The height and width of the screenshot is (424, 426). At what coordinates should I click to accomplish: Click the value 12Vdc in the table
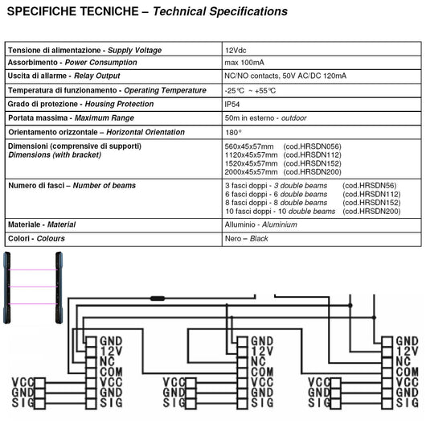[x=236, y=50]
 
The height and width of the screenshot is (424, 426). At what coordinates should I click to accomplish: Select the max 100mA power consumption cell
[x=245, y=63]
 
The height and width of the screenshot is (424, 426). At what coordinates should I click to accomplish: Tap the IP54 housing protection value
[x=232, y=104]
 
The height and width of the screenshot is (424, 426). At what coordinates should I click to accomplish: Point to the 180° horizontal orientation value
[x=232, y=131]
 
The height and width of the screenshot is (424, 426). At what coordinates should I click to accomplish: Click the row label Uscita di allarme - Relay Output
[x=63, y=76]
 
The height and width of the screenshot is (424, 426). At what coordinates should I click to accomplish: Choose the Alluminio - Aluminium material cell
[x=265, y=224]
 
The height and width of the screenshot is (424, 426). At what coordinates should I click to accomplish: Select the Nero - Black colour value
[x=246, y=239]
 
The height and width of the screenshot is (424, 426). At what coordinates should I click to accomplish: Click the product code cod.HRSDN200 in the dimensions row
[x=313, y=171]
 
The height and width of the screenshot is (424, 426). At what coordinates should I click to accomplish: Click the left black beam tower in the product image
[x=8, y=287]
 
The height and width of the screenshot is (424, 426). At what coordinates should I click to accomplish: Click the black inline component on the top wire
[x=157, y=298]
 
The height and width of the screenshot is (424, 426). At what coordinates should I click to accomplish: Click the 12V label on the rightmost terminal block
[x=407, y=352]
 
